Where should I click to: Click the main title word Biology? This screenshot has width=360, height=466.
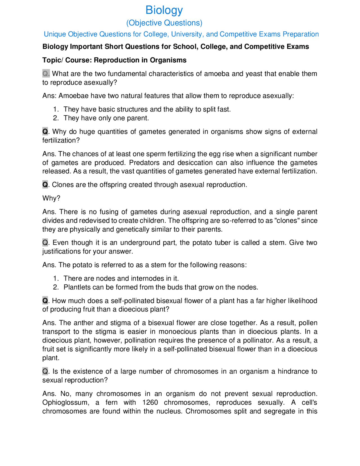pyautogui.click(x=164, y=10)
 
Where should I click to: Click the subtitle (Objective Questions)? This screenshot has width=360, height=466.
pyautogui.click(x=164, y=23)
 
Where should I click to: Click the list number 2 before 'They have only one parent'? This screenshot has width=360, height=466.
pyautogui.click(x=56, y=118)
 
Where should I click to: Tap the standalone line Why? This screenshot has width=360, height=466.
pyautogui.click(x=51, y=198)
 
